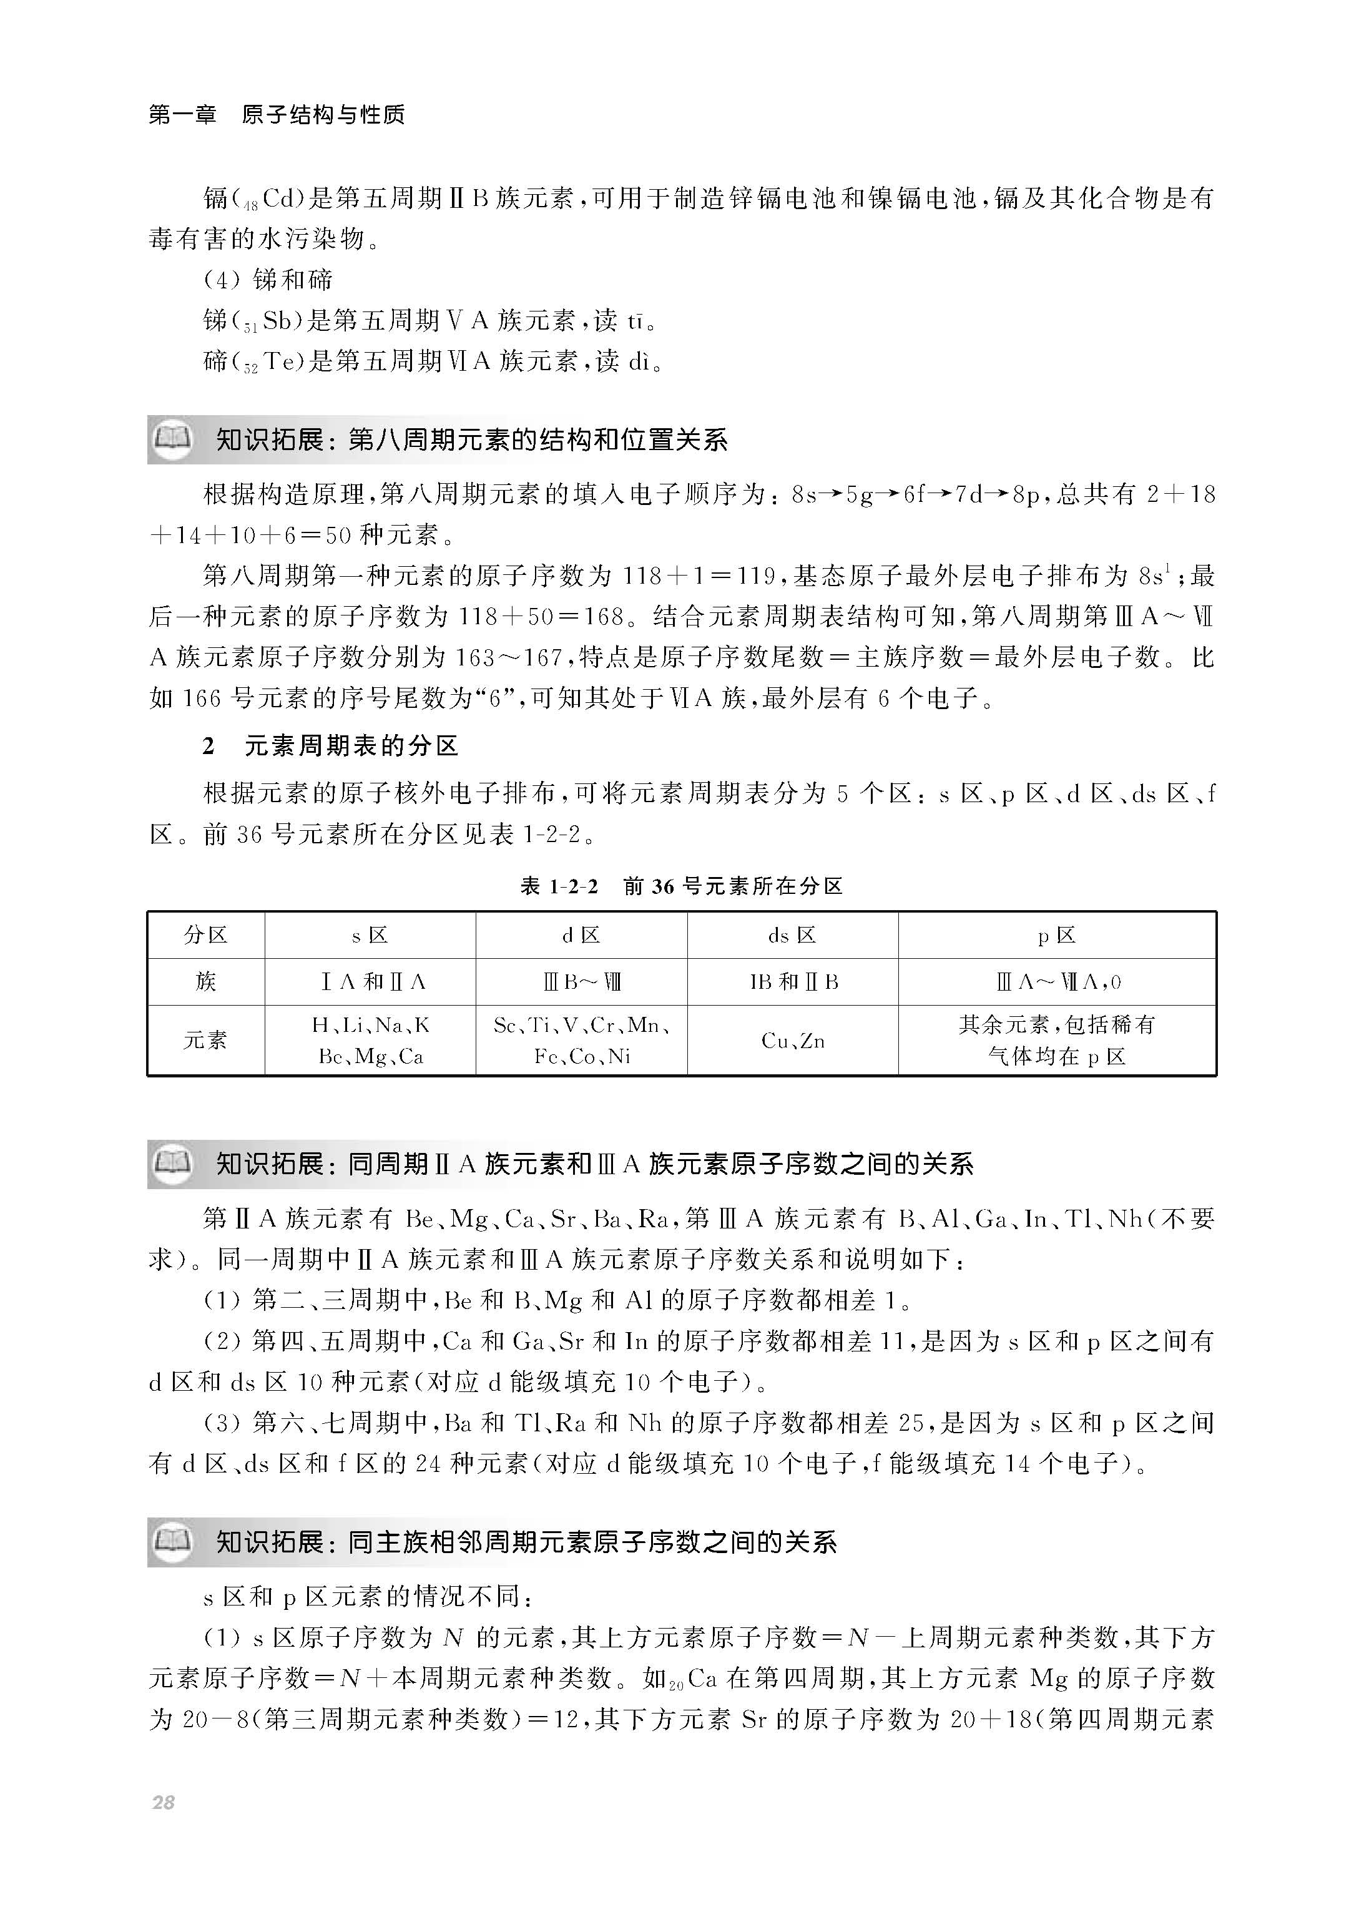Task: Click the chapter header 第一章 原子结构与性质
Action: (x=277, y=114)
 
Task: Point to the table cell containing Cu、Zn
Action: (x=792, y=1041)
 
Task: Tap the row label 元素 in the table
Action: (x=206, y=1041)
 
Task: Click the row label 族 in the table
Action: (x=206, y=981)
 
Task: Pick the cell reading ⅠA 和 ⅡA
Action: (x=370, y=981)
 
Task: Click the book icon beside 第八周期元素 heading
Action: (x=173, y=439)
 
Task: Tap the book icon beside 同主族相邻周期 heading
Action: (x=173, y=1542)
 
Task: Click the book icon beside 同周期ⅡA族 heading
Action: (x=173, y=1164)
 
